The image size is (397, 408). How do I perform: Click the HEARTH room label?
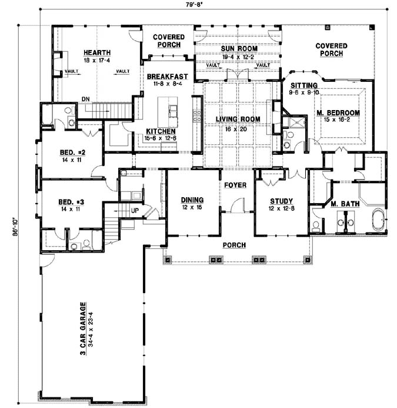(97, 52)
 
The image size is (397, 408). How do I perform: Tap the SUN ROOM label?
(239, 49)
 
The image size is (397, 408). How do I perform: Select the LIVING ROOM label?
(238, 119)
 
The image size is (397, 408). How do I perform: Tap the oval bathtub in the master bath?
(378, 220)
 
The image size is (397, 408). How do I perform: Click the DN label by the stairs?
(85, 99)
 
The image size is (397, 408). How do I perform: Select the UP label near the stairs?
(135, 210)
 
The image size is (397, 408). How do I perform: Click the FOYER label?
(235, 185)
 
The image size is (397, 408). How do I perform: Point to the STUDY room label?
(281, 201)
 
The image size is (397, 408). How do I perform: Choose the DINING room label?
(192, 200)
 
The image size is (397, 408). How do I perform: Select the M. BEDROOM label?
(338, 113)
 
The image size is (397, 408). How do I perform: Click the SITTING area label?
(304, 85)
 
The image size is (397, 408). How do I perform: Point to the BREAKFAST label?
(167, 77)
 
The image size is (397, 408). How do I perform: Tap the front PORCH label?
(234, 245)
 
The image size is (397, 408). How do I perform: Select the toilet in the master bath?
(316, 227)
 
